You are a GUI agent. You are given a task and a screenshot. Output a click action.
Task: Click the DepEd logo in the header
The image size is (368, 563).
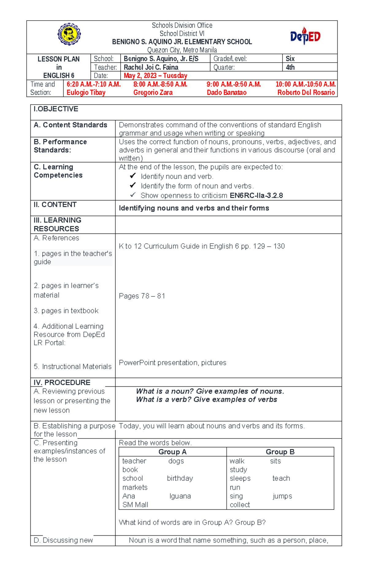click(x=305, y=36)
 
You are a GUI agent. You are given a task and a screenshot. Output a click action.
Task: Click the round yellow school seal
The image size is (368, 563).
click(x=69, y=34)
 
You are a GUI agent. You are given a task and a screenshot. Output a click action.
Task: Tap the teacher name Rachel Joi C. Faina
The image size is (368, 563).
click(x=151, y=67)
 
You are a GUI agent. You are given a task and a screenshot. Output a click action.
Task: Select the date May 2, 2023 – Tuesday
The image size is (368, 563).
click(x=155, y=75)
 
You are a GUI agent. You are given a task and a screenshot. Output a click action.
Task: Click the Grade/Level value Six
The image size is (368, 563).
click(x=290, y=59)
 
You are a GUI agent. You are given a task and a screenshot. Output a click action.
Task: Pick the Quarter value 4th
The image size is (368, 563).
click(x=290, y=67)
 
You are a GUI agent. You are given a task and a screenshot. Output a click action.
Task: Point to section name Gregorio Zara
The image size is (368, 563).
click(x=153, y=92)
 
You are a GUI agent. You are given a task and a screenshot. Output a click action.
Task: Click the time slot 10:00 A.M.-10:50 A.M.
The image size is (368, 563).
click(x=305, y=84)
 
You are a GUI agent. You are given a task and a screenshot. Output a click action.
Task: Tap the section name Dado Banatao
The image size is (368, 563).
click(x=226, y=92)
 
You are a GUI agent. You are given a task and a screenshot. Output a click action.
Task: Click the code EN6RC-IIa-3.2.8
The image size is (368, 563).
click(x=256, y=195)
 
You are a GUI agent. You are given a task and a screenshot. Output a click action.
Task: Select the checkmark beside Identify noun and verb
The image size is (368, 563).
click(x=132, y=175)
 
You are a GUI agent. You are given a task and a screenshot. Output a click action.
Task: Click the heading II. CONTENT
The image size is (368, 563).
click(x=55, y=205)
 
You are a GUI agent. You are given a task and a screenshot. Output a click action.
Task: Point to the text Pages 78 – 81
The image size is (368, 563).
click(x=142, y=296)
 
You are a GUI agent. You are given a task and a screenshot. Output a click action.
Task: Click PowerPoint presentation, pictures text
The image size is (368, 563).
click(x=172, y=363)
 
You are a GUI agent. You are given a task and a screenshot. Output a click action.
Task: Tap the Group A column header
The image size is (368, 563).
click(x=172, y=452)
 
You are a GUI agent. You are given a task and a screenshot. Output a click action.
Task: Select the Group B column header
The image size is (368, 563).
click(x=280, y=452)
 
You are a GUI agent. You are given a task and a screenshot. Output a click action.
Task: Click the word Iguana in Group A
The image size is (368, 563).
click(x=180, y=496)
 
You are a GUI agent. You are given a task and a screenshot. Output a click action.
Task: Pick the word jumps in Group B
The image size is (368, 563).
click(x=282, y=496)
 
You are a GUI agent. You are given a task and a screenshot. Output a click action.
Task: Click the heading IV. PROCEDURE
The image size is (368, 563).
click(x=62, y=382)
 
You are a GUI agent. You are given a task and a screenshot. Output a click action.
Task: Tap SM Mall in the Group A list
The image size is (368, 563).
click(x=135, y=505)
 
